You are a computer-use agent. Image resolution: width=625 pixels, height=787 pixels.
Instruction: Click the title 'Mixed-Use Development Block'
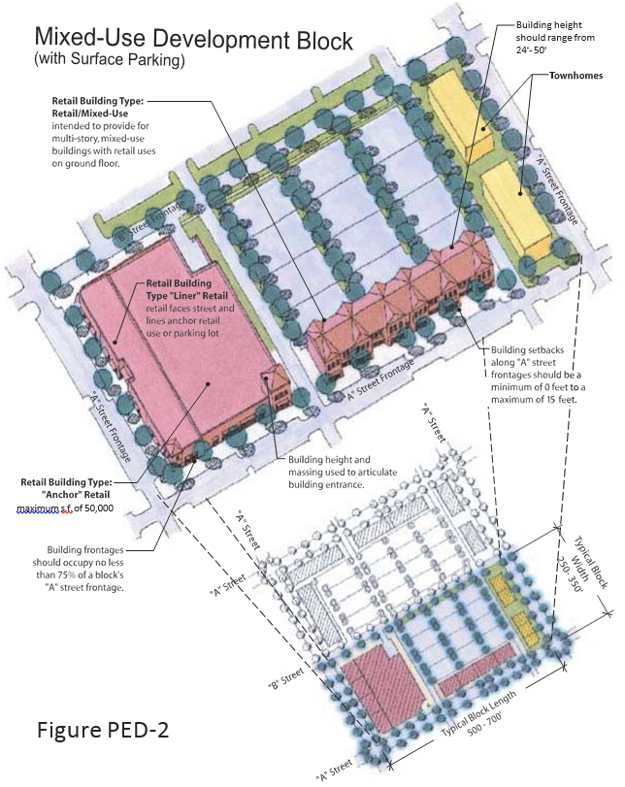coord(194,39)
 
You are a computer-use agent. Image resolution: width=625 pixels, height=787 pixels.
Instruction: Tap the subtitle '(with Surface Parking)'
coord(110,59)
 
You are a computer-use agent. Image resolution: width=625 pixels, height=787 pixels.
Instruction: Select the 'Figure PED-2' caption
coord(103,730)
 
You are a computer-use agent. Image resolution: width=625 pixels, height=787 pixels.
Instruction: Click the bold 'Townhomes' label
coord(576,76)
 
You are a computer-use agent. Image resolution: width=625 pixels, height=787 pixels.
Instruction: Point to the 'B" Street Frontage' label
coord(149,221)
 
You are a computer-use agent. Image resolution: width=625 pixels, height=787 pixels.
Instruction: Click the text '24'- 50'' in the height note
coord(531,49)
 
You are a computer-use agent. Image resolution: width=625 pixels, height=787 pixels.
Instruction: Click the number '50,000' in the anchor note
coord(99,508)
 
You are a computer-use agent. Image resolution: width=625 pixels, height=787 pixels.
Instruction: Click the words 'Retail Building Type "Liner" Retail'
coord(186,289)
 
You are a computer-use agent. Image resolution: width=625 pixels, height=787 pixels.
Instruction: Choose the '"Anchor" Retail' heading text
coord(76,494)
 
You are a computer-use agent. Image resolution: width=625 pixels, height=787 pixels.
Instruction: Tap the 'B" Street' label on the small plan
coord(286,678)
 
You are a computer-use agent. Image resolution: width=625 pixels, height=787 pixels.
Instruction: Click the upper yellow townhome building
coord(460,114)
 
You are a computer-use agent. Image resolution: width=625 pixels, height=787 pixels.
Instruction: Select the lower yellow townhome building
coord(517,210)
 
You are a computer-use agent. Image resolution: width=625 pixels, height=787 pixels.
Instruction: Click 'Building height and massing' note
coord(343,466)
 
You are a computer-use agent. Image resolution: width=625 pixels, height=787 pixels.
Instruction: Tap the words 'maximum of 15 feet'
coord(534,400)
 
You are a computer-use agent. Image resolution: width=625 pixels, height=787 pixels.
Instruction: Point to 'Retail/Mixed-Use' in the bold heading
coord(90,114)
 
